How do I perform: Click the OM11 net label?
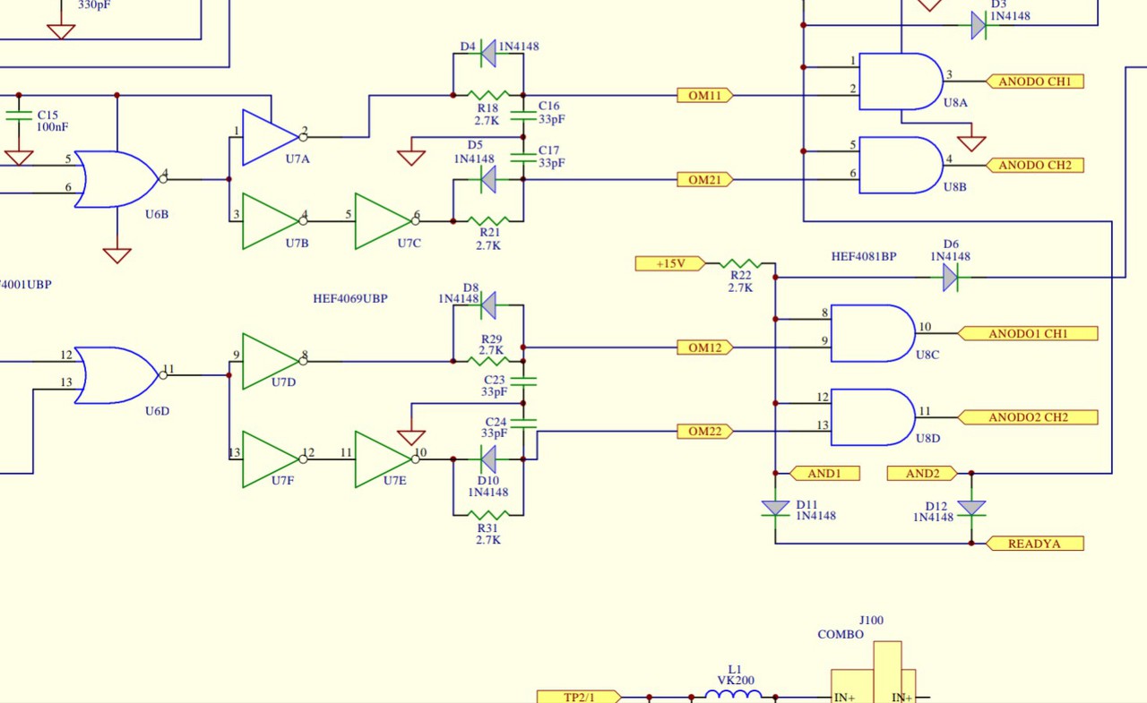tap(705, 95)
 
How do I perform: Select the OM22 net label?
tap(705, 432)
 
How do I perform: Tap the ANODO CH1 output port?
tap(1035, 81)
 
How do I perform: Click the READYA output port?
tap(1035, 544)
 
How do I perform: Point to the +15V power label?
tap(670, 263)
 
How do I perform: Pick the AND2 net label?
tap(922, 473)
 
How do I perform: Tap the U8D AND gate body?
tap(873, 417)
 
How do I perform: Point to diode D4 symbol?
tap(488, 53)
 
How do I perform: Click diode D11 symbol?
tap(775, 508)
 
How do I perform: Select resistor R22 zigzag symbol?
tap(740, 263)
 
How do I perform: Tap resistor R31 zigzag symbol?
tap(488, 515)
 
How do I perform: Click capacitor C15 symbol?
tap(19, 116)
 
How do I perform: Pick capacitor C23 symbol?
tap(523, 382)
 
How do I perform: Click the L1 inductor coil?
tap(733, 694)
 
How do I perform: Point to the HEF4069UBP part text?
tap(350, 298)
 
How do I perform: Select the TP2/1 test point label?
tap(579, 697)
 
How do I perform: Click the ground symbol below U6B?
tap(116, 255)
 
